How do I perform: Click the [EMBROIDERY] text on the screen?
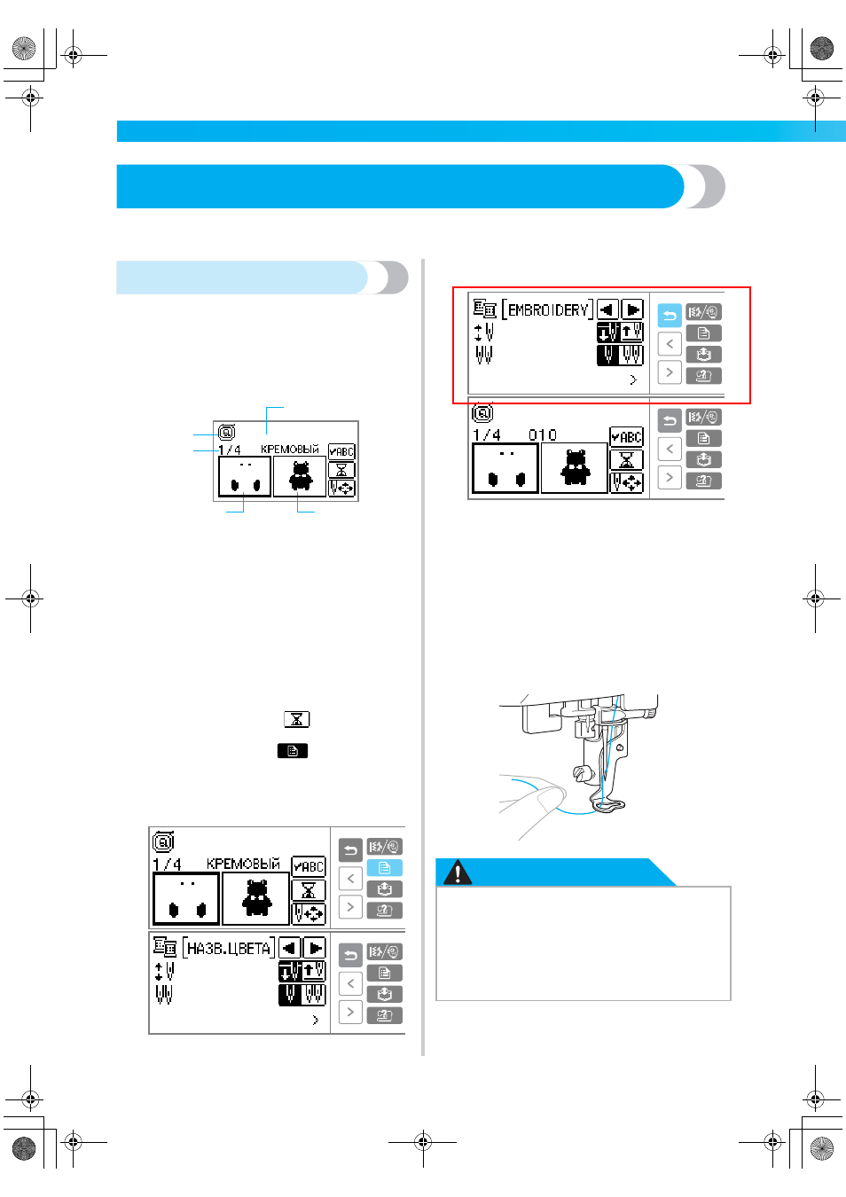click(548, 310)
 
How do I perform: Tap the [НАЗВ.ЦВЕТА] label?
click(229, 948)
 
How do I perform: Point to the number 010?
click(543, 435)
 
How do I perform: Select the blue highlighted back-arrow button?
click(670, 316)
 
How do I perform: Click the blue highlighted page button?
click(384, 868)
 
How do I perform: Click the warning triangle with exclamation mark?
click(458, 872)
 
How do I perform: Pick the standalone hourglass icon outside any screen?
click(296, 719)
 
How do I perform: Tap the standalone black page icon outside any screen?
click(293, 751)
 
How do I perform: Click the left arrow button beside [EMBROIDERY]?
click(607, 309)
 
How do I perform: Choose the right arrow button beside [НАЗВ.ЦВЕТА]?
click(315, 949)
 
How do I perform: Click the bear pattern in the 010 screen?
click(575, 467)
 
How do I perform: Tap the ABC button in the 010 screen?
click(626, 436)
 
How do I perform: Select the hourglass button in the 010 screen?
click(626, 459)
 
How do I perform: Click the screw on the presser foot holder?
click(581, 772)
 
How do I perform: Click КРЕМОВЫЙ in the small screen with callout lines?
click(290, 449)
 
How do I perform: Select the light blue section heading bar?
click(262, 278)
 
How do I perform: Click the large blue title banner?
click(420, 186)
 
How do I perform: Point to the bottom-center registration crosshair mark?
click(423, 1143)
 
